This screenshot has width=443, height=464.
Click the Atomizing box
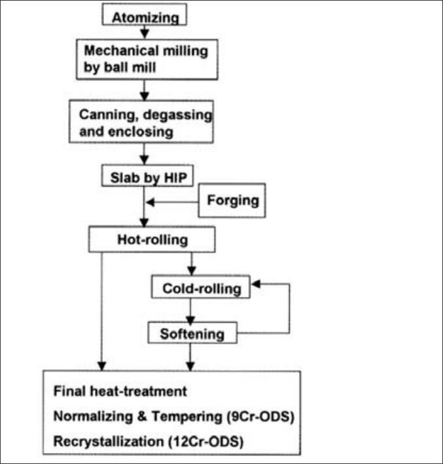(x=145, y=15)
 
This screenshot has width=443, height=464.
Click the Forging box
(x=232, y=200)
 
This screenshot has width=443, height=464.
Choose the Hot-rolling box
(x=152, y=240)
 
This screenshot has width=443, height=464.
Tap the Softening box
(x=192, y=334)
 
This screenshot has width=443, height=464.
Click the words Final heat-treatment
(x=121, y=391)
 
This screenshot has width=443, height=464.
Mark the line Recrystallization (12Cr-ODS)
(x=149, y=441)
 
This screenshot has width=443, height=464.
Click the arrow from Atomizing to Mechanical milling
(x=145, y=31)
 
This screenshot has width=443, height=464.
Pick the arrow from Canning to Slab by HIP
(x=145, y=155)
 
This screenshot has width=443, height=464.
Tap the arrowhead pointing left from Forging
(x=150, y=203)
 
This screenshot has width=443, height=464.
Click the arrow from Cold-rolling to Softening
(x=190, y=310)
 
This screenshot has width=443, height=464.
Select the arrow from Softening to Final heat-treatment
(x=190, y=357)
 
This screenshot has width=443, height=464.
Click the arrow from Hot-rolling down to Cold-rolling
(x=190, y=264)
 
